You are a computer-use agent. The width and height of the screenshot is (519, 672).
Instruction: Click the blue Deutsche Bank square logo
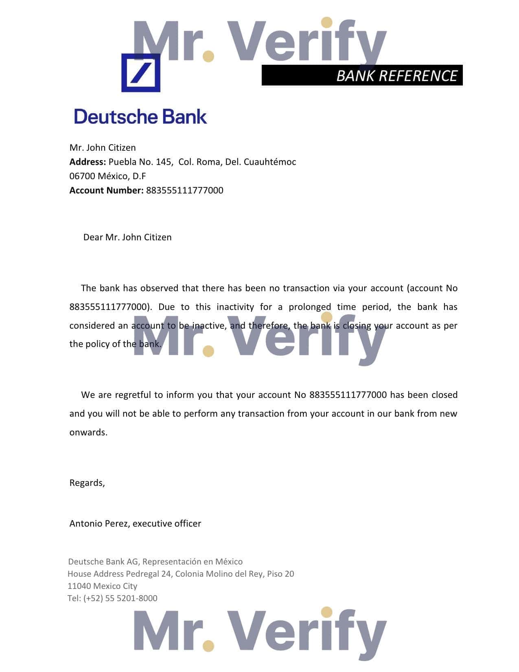pyautogui.click(x=140, y=72)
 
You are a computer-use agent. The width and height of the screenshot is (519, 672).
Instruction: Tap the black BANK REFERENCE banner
pyautogui.click(x=362, y=75)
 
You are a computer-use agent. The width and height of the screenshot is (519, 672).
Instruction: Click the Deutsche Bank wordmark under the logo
pyautogui.click(x=140, y=116)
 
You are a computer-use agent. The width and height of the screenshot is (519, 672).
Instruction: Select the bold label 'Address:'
pyautogui.click(x=88, y=162)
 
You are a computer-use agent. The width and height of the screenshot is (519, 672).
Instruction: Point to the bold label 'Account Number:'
pyautogui.click(x=106, y=190)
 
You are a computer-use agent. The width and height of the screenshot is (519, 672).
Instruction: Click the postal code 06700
pyautogui.click(x=82, y=176)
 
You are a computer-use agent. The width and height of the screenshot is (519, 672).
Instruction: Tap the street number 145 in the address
pyautogui.click(x=164, y=162)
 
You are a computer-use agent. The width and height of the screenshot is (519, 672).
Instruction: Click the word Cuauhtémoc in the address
pyautogui.click(x=270, y=162)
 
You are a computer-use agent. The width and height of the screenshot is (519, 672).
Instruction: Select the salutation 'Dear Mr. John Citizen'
pyautogui.click(x=127, y=237)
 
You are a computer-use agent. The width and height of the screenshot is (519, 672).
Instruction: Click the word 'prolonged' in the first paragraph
pyautogui.click(x=310, y=307)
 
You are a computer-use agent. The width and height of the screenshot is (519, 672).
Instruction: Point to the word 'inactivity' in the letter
pyautogui.click(x=234, y=307)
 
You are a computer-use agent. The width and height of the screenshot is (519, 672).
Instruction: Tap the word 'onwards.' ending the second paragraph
pyautogui.click(x=88, y=432)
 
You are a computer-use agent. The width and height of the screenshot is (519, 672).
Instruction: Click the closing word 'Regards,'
pyautogui.click(x=87, y=483)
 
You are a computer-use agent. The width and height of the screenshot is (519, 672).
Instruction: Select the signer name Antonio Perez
pyautogui.click(x=99, y=523)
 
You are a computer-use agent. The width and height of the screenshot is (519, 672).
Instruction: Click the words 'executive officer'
pyautogui.click(x=167, y=523)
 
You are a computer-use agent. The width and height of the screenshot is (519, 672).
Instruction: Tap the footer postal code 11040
pyautogui.click(x=79, y=586)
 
